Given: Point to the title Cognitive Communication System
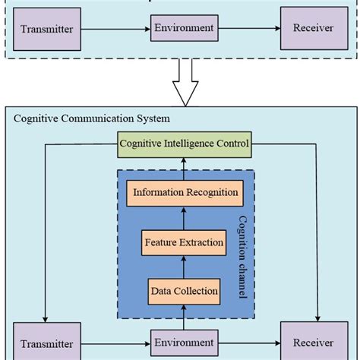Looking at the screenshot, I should click(92, 118).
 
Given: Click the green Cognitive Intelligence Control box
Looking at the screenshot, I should click(183, 143).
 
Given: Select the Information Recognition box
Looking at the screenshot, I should click(186, 192).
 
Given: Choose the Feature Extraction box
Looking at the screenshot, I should click(183, 243).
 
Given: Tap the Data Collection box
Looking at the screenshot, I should click(183, 290).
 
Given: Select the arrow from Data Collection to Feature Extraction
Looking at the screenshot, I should click(183, 267).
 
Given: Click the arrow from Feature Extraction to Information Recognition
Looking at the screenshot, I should click(183, 218).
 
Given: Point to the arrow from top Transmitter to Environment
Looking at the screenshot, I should click(115, 29).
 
